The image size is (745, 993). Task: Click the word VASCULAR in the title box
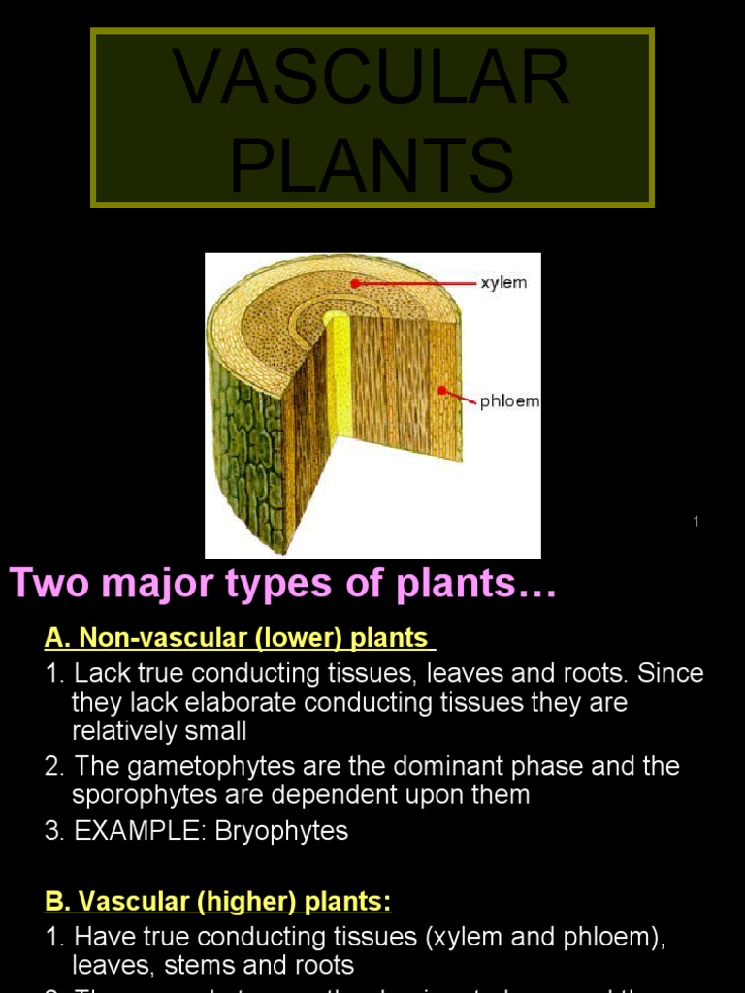click(x=372, y=79)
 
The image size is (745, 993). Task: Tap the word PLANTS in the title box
click(x=372, y=164)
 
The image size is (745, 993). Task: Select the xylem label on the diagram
click(x=503, y=283)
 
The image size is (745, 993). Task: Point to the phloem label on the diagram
click(x=509, y=401)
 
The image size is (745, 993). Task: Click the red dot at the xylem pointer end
click(x=356, y=283)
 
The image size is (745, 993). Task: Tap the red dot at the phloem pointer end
click(x=442, y=391)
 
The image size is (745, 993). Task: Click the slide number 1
click(x=696, y=523)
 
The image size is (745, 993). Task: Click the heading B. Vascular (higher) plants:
click(x=218, y=902)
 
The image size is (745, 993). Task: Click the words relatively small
click(x=159, y=729)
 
